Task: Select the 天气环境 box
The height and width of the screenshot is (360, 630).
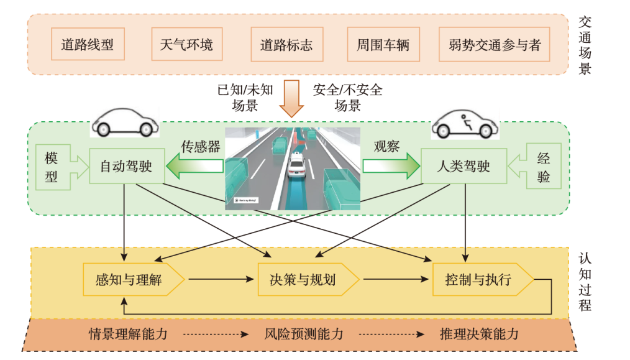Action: [186, 45]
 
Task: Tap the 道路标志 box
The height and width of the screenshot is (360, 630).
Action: [286, 45]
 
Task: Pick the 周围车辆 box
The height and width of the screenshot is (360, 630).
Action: [383, 45]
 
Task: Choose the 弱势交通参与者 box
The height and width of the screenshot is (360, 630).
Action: [495, 45]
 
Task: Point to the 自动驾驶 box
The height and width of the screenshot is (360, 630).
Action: [126, 166]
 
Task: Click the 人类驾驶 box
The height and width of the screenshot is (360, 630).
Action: [460, 166]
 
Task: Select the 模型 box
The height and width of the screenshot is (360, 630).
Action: [52, 166]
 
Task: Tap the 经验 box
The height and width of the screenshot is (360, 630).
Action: [543, 166]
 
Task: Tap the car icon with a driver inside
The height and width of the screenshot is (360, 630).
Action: [466, 123]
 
